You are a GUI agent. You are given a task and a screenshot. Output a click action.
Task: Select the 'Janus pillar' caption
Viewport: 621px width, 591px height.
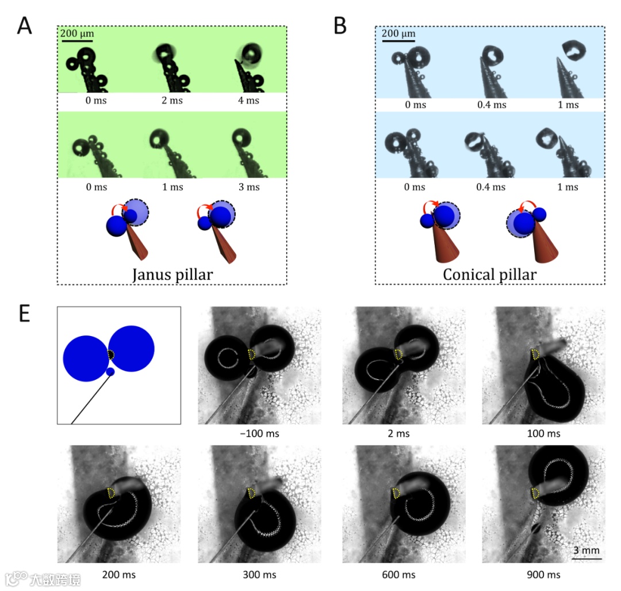(172, 274)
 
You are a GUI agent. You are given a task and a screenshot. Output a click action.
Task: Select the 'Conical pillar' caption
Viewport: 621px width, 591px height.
(489, 274)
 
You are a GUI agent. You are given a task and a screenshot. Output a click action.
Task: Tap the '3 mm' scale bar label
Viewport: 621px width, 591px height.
(586, 551)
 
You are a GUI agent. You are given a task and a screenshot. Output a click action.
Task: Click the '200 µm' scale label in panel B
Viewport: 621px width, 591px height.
(398, 34)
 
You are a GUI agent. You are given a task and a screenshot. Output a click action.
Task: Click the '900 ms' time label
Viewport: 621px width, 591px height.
(543, 574)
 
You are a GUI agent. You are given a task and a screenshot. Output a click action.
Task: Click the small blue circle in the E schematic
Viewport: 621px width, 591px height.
(110, 372)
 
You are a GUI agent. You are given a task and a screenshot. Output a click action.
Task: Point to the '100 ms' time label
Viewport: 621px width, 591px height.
(543, 433)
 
